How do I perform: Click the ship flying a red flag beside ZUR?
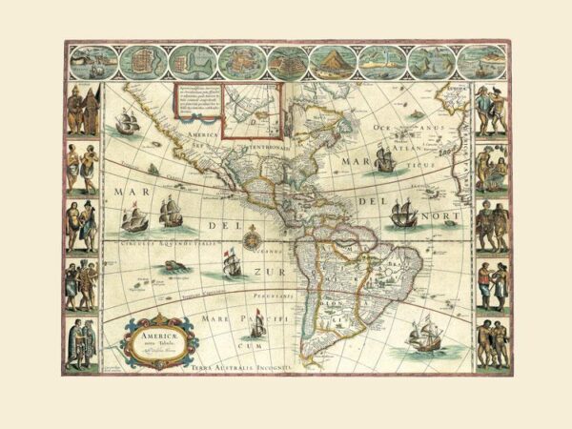tap(228, 264)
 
